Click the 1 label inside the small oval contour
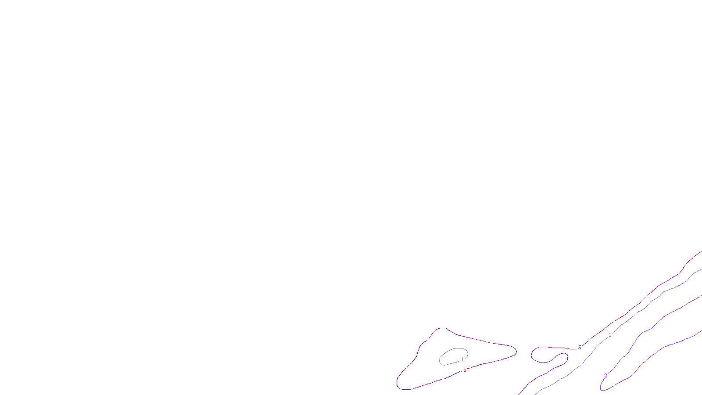[462, 359]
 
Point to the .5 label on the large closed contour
[464, 370]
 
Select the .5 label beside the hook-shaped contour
[579, 348]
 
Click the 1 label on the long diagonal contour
[609, 335]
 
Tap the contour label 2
[605, 376]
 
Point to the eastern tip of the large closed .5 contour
[516, 351]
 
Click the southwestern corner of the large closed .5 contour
[398, 386]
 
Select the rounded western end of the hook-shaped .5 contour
[532, 354]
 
